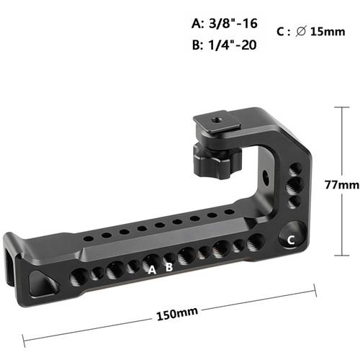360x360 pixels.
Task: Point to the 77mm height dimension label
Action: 341,185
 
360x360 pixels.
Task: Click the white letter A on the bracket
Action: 152,270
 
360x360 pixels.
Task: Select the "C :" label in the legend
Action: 282,32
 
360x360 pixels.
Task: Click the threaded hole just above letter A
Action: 150,259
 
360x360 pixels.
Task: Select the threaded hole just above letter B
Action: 169,257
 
